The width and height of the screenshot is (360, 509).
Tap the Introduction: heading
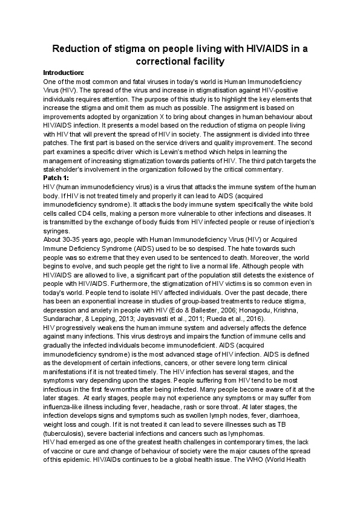coord(64,73)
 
